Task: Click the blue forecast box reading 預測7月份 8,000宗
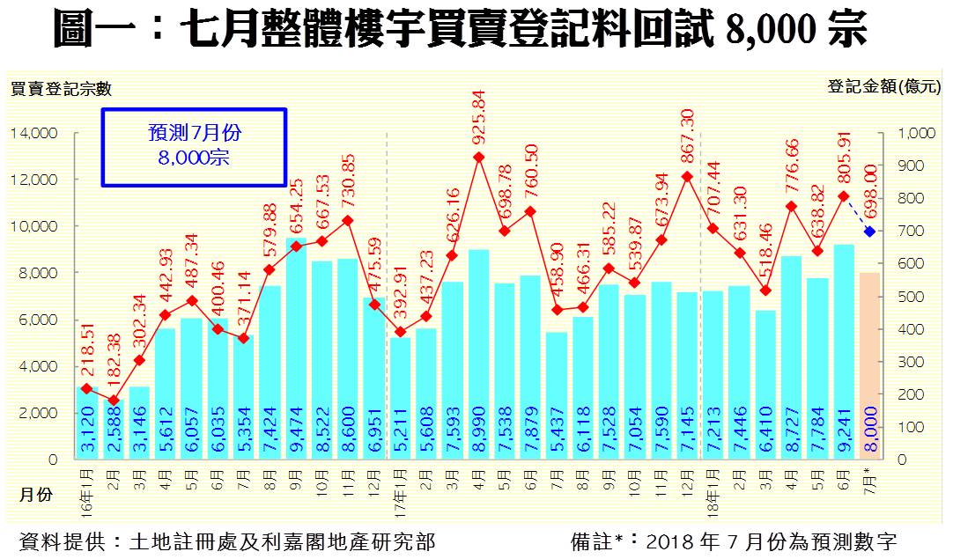(x=195, y=147)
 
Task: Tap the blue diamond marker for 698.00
(x=870, y=232)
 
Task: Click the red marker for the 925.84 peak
(x=478, y=158)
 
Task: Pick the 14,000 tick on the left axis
(x=34, y=133)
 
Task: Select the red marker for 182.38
(x=113, y=401)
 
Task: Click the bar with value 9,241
(x=844, y=352)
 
